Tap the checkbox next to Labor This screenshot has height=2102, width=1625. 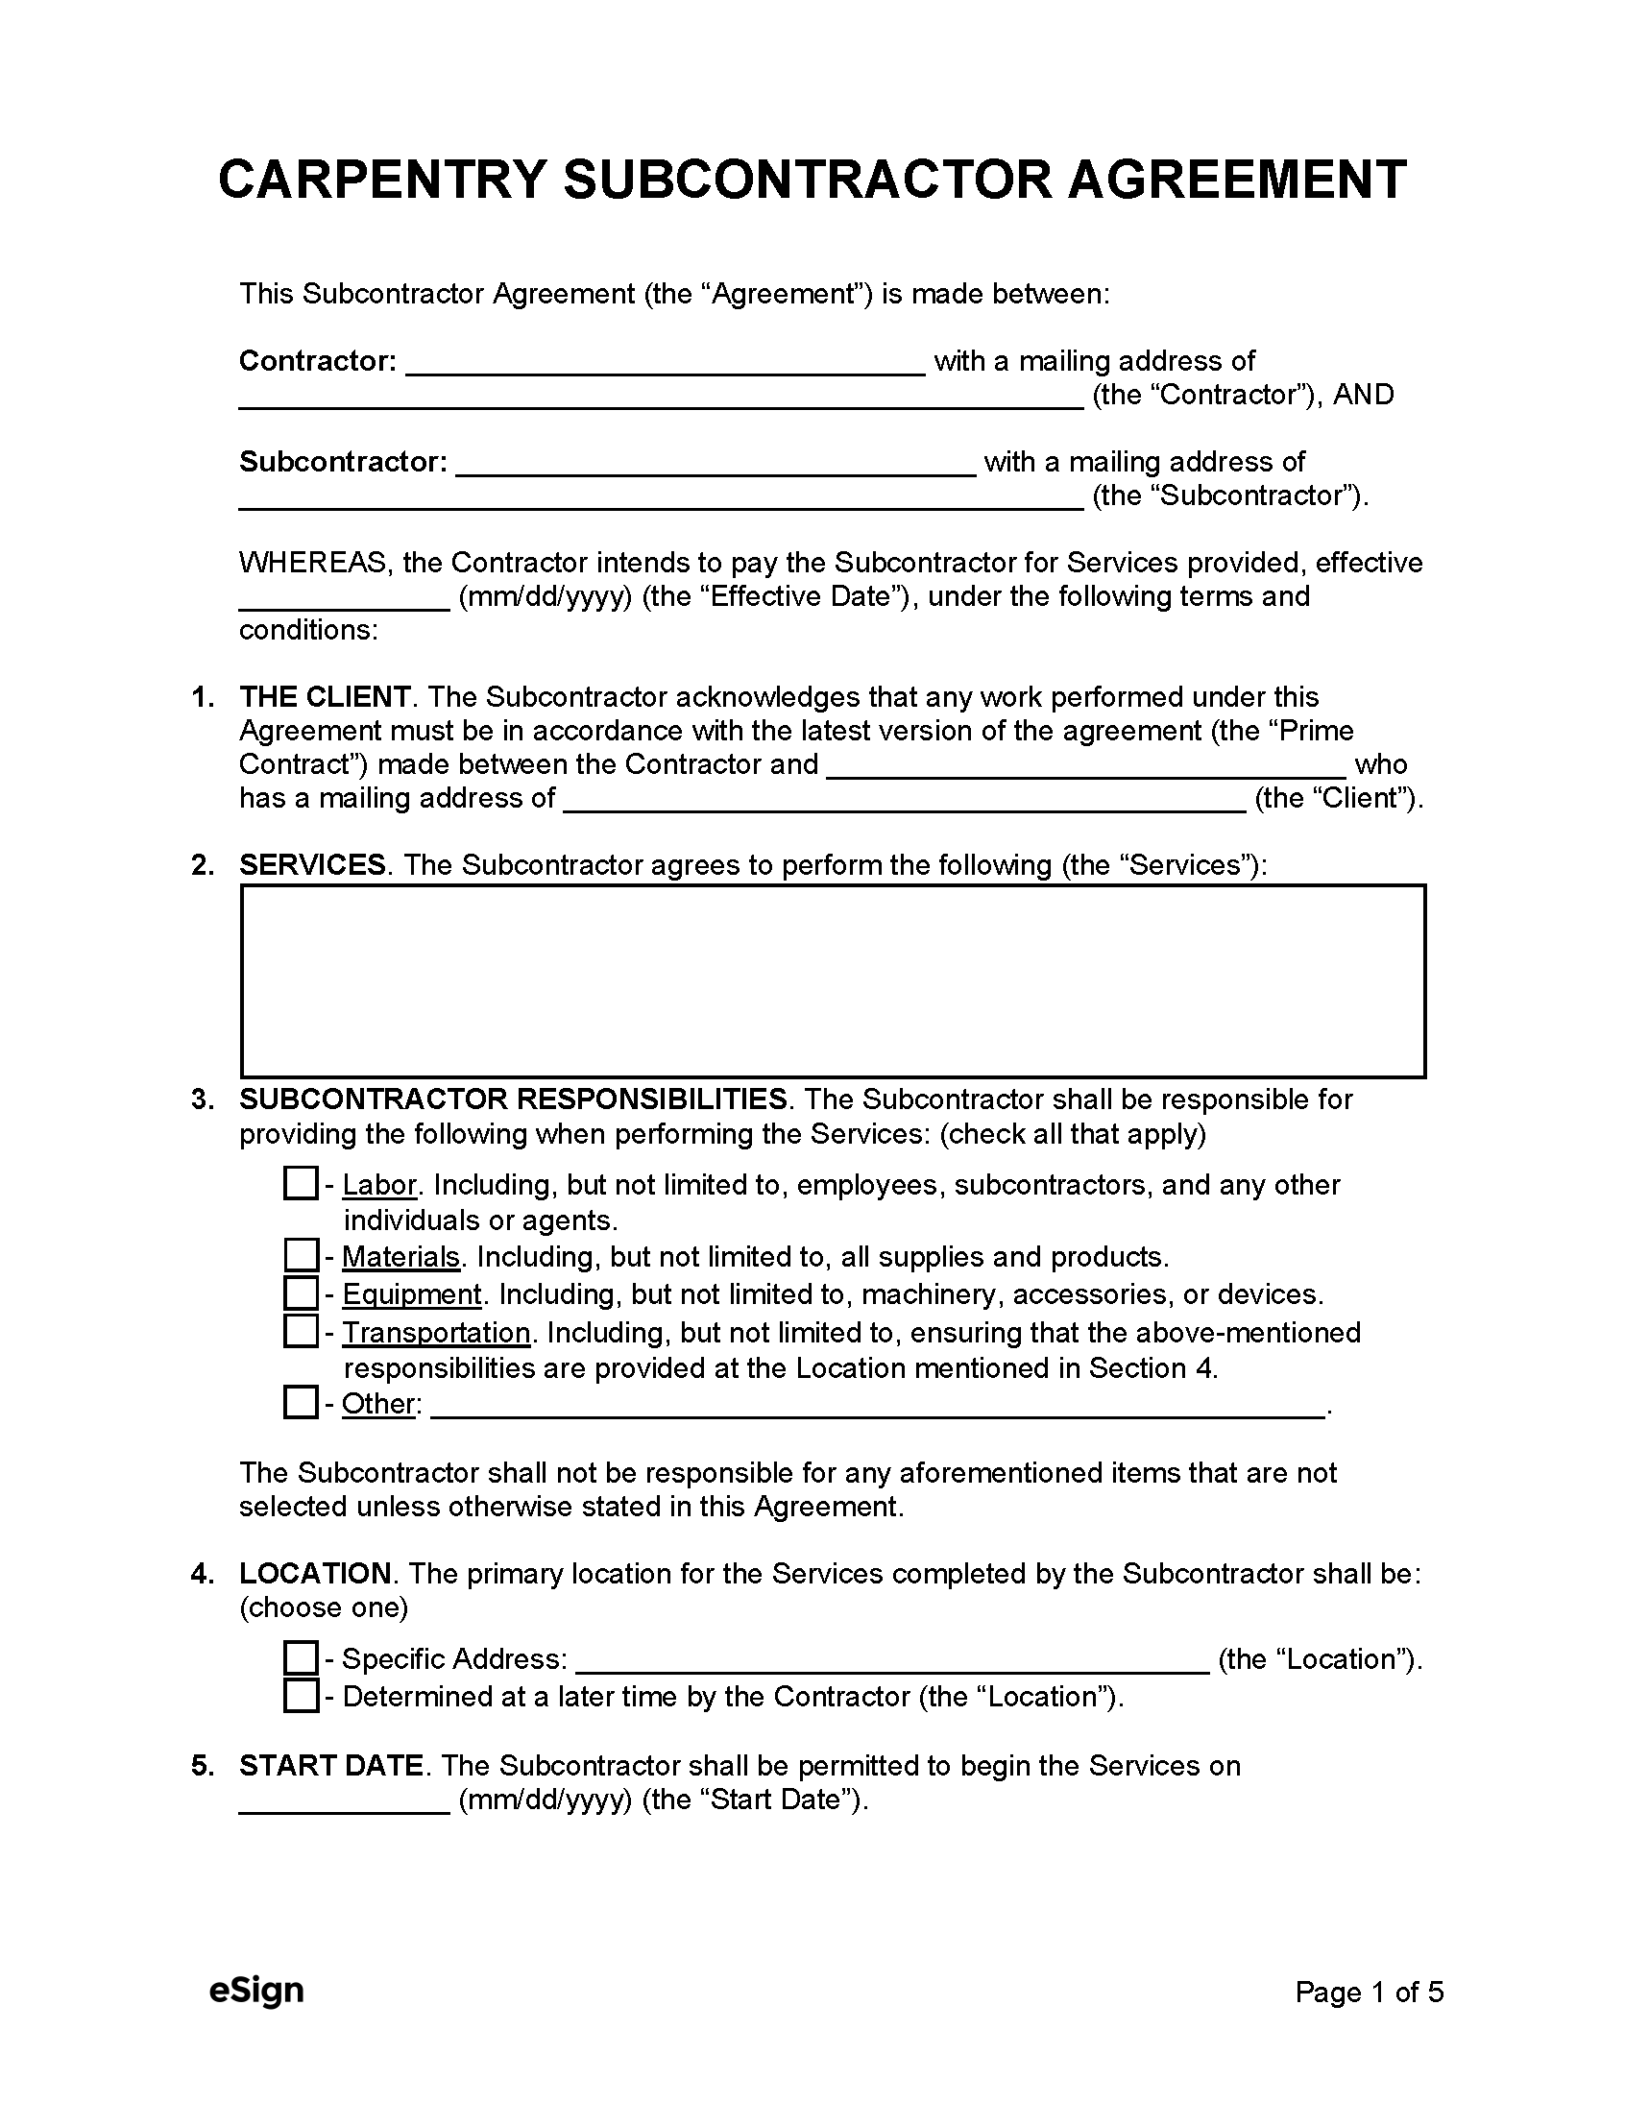click(x=301, y=1184)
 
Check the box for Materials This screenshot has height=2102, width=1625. click(x=301, y=1256)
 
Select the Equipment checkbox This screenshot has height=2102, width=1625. click(x=301, y=1293)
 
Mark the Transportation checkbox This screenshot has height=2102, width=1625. click(x=301, y=1331)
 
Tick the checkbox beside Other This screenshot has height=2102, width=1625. click(x=301, y=1403)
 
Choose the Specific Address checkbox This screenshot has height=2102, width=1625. click(x=301, y=1658)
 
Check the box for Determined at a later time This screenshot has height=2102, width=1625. click(x=301, y=1696)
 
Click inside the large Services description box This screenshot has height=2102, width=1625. click(x=833, y=980)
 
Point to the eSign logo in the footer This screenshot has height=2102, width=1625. click(x=256, y=1992)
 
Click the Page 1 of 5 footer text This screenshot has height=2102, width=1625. click(x=1369, y=1993)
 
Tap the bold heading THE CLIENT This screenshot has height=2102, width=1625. click(x=325, y=697)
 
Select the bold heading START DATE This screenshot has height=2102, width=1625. click(x=331, y=1765)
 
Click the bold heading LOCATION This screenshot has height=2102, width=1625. click(x=315, y=1574)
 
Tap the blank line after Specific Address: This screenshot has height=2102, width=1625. click(x=892, y=1663)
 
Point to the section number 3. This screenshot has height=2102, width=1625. click(x=202, y=1099)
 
